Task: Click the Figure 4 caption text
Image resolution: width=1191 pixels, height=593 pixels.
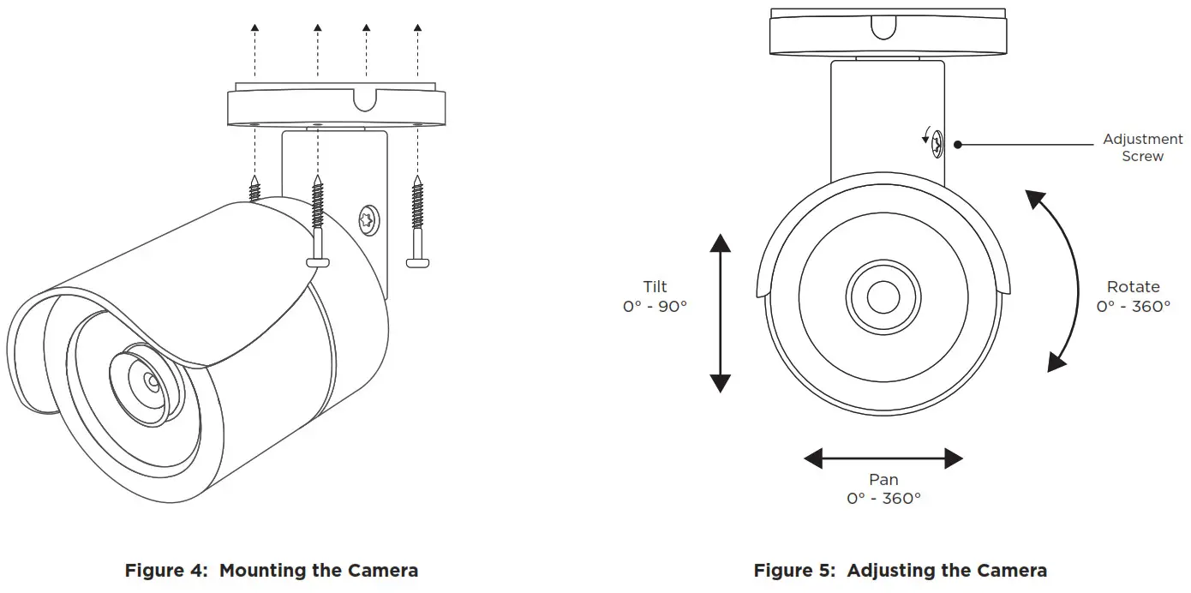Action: click(272, 571)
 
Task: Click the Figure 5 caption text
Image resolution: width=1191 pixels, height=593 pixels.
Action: click(900, 571)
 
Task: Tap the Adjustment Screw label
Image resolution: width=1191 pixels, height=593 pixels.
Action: click(1142, 147)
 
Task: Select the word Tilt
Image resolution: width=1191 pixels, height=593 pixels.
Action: click(655, 287)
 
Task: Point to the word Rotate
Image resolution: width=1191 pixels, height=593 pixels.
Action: click(1133, 287)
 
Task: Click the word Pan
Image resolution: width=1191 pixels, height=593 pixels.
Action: click(883, 480)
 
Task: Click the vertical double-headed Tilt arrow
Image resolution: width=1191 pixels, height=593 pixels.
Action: click(721, 312)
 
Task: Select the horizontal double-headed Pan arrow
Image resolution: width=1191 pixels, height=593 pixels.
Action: click(883, 458)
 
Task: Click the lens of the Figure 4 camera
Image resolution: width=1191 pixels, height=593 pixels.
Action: click(149, 380)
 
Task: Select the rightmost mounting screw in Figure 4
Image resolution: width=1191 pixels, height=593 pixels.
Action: click(417, 223)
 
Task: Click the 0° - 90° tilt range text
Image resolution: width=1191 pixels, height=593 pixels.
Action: click(655, 306)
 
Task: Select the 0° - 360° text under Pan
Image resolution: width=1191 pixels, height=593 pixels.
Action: click(883, 498)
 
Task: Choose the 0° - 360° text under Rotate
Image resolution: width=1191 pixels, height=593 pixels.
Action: click(1133, 306)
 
